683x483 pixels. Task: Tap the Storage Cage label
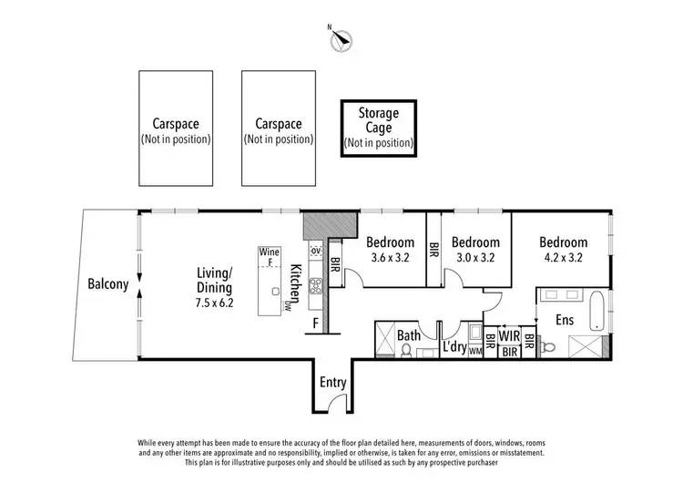(x=378, y=128)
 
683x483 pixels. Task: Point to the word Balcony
(x=107, y=283)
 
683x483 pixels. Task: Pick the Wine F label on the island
(x=269, y=256)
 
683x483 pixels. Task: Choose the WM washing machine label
(x=474, y=351)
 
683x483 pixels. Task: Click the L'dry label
(x=454, y=346)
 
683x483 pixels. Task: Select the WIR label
(x=508, y=335)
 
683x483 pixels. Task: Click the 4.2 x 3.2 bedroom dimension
(x=563, y=258)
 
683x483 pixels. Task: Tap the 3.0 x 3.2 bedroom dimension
(x=475, y=258)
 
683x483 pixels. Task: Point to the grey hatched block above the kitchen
(x=327, y=224)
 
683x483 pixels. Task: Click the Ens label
(x=565, y=322)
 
